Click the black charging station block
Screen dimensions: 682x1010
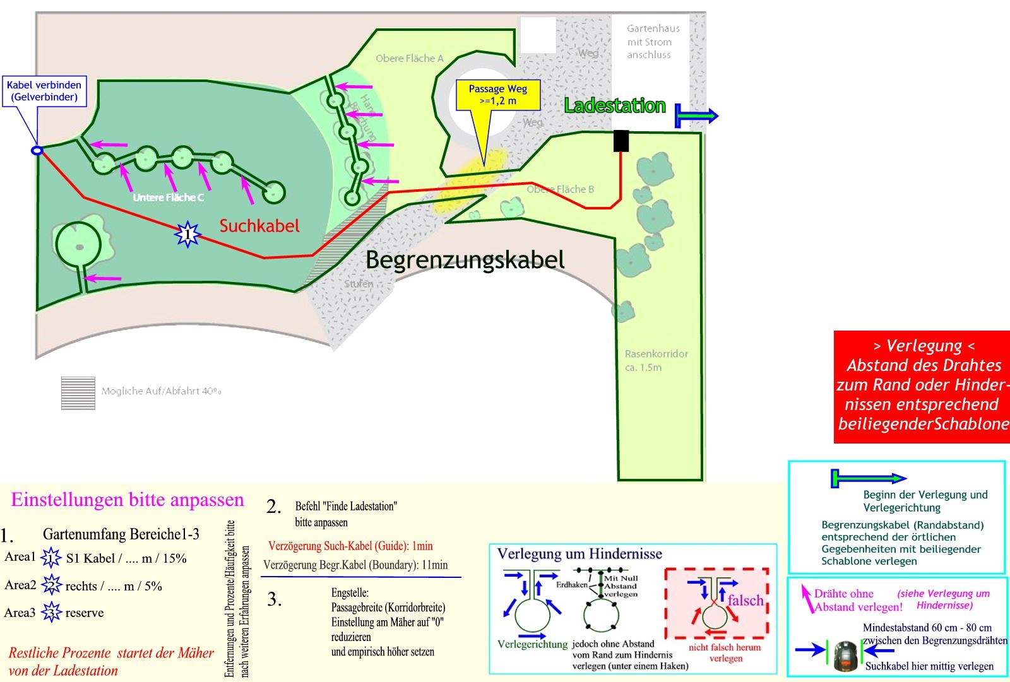[621, 141]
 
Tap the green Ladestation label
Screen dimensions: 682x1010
[615, 105]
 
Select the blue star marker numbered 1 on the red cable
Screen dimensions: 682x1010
[187, 234]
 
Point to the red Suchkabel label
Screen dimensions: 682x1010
[259, 226]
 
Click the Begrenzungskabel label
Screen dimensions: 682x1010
[465, 259]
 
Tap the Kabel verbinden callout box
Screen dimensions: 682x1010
[44, 91]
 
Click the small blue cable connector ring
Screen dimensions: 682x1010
[37, 150]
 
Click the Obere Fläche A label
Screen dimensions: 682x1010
[410, 59]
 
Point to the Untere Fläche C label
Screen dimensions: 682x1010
[168, 197]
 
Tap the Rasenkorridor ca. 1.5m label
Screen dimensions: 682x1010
[656, 360]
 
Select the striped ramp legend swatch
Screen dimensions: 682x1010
[78, 393]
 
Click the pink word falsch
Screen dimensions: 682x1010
[745, 600]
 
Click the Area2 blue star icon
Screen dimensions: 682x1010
[50, 586]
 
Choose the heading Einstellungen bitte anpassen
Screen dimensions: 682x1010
[128, 500]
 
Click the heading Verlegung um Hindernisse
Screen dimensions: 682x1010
[579, 554]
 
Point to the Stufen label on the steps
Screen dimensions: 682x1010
[359, 284]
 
